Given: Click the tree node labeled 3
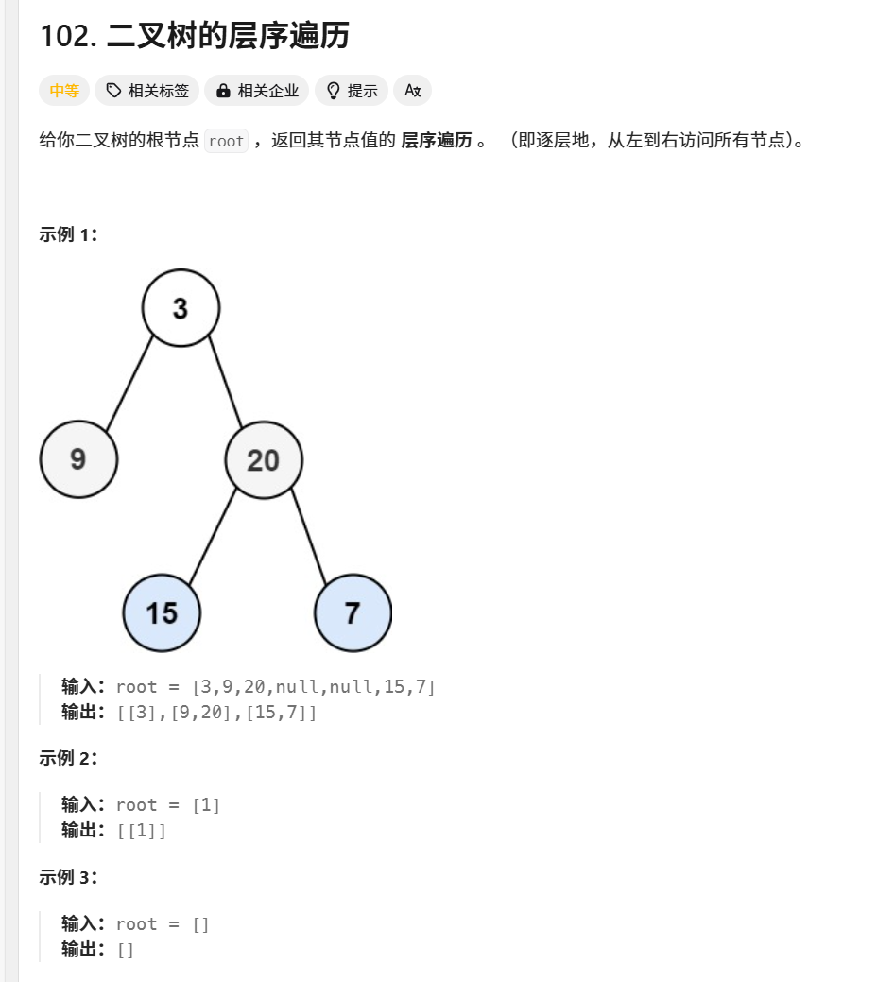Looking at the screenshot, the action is pos(181,308).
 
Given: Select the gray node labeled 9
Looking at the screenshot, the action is pos(78,459).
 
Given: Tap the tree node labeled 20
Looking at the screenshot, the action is pos(264,460).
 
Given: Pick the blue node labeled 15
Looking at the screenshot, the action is pos(162,613).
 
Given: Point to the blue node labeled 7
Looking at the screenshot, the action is pos(353,613).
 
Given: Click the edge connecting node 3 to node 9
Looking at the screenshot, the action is pos(129,383).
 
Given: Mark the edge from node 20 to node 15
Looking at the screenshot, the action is pos(213,536).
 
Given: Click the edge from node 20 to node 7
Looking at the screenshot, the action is pos(308,536).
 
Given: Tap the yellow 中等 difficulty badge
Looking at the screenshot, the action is pos(64,91).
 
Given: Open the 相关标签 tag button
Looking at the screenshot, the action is pos(147,91).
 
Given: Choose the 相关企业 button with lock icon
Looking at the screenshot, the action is pos(257,91).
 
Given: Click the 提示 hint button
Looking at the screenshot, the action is pos(352,91).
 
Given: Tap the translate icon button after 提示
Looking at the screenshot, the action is pos(412,91).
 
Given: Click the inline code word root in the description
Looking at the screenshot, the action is pos(227,142).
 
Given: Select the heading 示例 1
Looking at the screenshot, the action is pos(69,234).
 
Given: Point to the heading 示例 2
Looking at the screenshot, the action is pos(69,757).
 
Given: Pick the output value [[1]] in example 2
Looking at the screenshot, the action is pos(142,831).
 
